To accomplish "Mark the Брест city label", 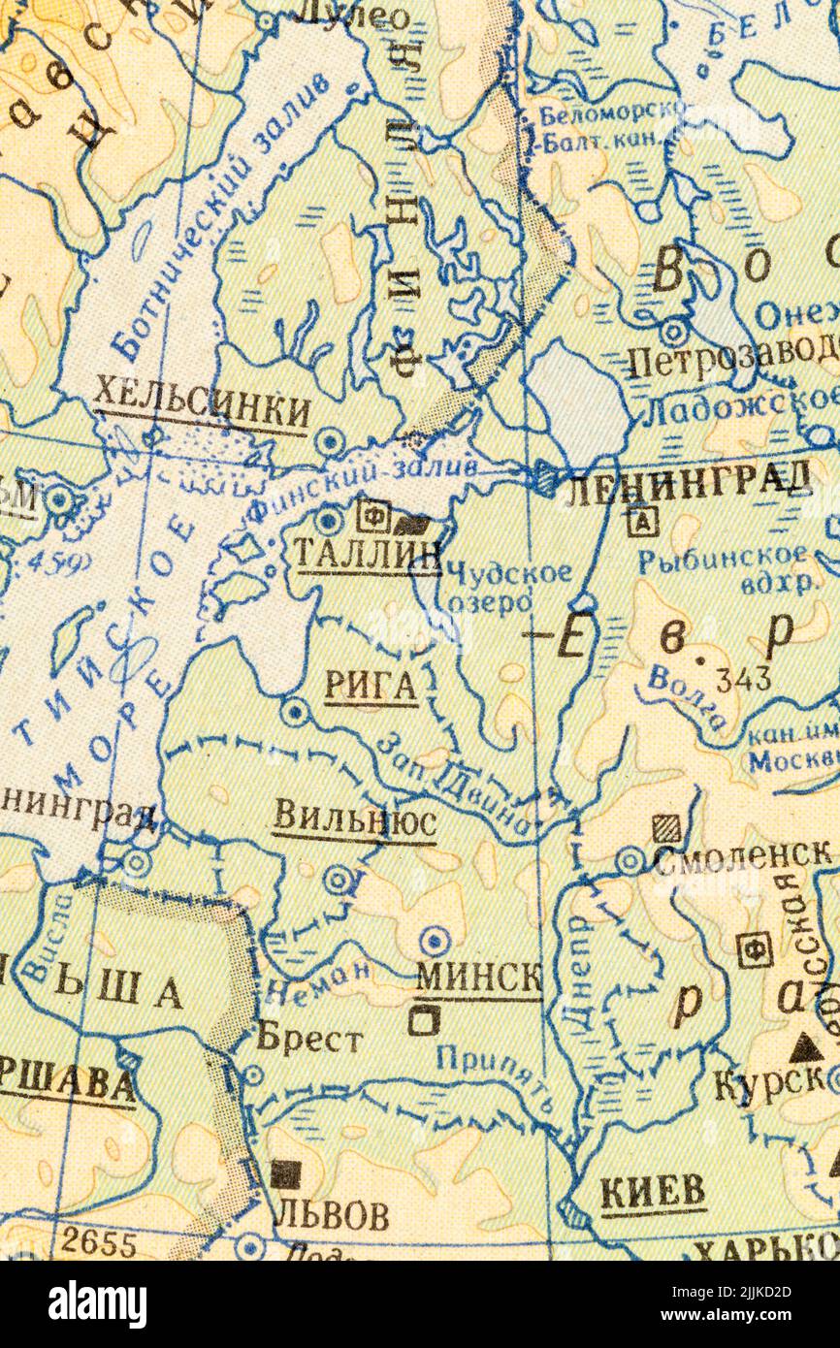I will [309, 1040].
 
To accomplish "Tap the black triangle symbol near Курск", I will [803, 1047].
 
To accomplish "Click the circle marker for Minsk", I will [434, 940].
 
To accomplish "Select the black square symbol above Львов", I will [285, 1174].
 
